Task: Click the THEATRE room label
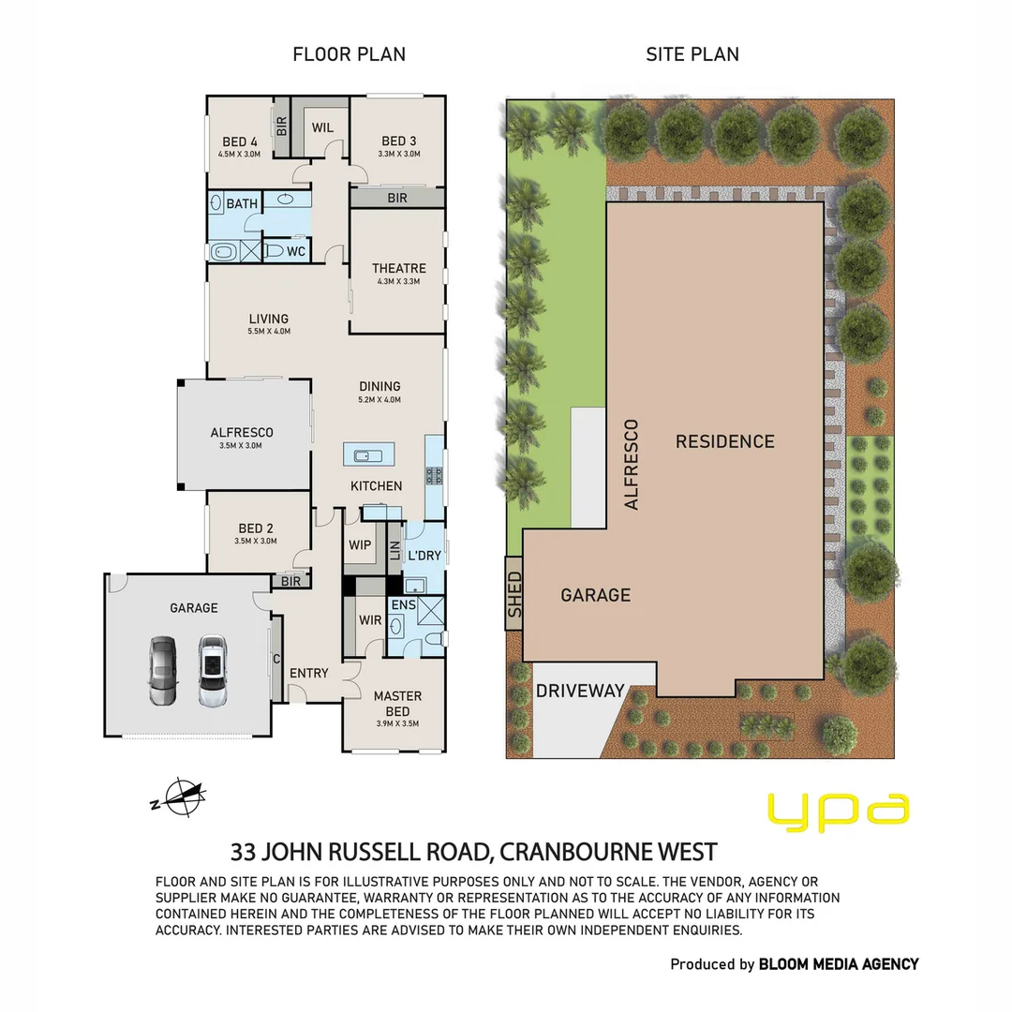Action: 398,268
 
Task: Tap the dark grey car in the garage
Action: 162,671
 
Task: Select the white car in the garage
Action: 212,671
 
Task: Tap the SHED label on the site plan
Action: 513,594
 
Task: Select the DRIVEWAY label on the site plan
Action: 580,691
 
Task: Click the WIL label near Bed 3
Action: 322,127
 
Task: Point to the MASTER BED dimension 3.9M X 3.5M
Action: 397,712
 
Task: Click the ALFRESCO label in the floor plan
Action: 242,432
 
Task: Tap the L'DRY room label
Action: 424,556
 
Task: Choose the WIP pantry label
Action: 360,544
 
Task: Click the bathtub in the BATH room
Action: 223,251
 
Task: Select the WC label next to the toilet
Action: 295,251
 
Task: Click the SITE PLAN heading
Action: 692,54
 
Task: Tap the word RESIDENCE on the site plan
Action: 725,441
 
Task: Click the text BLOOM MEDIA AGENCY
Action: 839,963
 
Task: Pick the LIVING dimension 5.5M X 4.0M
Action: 268,332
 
